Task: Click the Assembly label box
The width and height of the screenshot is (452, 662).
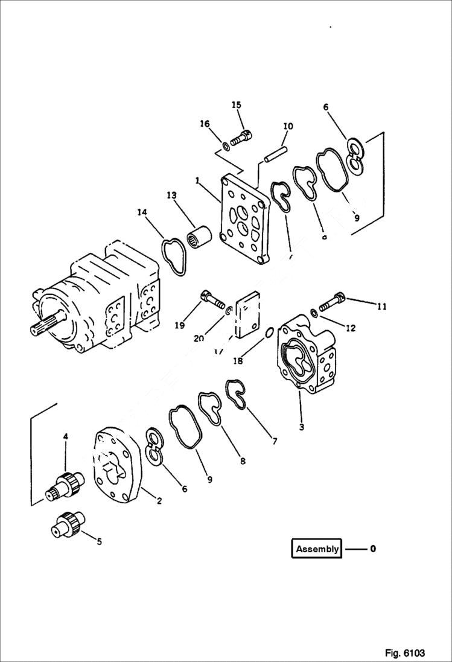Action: click(x=317, y=549)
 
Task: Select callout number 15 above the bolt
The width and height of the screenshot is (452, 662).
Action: click(x=236, y=105)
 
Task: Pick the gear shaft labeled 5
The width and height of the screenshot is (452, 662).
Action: click(x=68, y=523)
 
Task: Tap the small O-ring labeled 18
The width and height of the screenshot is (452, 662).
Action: click(x=269, y=332)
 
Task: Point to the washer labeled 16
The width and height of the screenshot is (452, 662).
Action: click(x=224, y=145)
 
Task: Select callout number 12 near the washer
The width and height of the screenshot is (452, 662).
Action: click(x=350, y=328)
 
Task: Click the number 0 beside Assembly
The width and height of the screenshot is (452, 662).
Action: click(x=373, y=549)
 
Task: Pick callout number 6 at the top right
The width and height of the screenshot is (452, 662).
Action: click(x=326, y=107)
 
